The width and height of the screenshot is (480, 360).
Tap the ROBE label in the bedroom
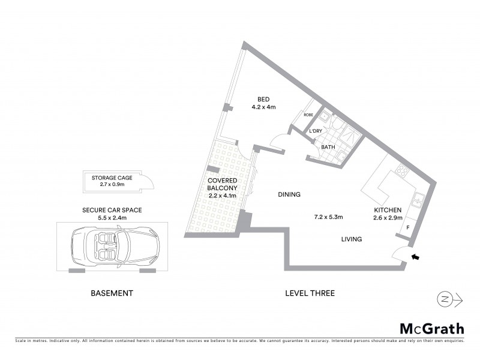pyautogui.click(x=309, y=115)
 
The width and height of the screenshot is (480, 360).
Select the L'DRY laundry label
pyautogui.click(x=317, y=131)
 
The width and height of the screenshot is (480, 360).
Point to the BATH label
pyautogui.click(x=328, y=147)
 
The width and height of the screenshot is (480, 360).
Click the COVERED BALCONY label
pyautogui.click(x=223, y=184)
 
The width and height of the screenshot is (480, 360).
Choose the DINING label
pyautogui.click(x=289, y=194)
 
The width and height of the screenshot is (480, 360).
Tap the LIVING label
pyautogui.click(x=351, y=239)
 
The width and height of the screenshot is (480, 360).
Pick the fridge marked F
pyautogui.click(x=408, y=229)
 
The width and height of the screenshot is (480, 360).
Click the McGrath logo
pyautogui.click(x=432, y=328)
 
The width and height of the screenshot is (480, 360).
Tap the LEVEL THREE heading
pyautogui.click(x=310, y=293)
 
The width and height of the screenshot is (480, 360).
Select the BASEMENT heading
pyautogui.click(x=112, y=293)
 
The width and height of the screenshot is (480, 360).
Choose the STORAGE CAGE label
pyautogui.click(x=112, y=178)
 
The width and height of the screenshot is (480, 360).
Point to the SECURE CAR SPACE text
pyautogui.click(x=112, y=210)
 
